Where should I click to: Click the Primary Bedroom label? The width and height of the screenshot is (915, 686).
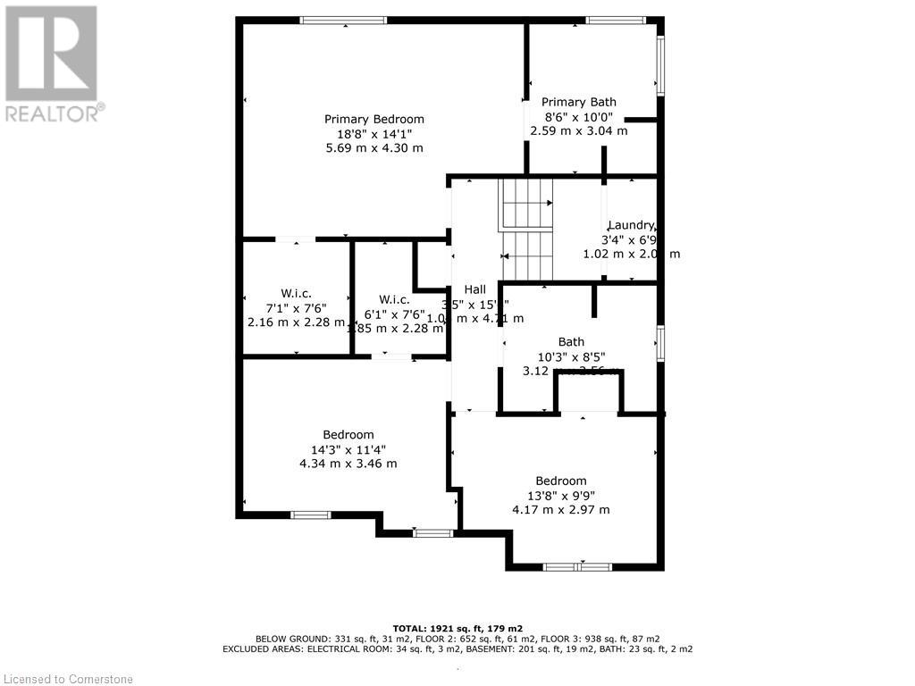point(374,119)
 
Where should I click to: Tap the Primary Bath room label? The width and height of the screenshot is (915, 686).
point(579,102)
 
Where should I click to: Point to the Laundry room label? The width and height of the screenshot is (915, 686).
point(632,225)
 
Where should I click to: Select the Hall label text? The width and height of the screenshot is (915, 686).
point(474,289)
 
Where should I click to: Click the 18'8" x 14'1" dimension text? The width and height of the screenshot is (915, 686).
point(374,133)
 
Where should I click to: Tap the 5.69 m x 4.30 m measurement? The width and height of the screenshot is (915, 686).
point(374,148)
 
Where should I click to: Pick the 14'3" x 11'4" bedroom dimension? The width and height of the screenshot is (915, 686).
point(348,449)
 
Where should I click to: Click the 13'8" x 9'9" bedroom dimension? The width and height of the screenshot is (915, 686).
point(561,495)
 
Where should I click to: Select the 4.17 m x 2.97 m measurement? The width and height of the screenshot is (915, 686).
point(561,510)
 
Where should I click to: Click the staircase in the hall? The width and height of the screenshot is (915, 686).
point(526,230)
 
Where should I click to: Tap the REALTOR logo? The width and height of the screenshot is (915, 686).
point(52,63)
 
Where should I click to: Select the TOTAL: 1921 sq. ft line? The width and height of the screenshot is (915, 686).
point(457,627)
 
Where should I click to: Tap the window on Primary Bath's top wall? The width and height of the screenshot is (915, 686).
point(615,21)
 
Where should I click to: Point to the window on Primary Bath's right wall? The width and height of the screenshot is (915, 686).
point(661,65)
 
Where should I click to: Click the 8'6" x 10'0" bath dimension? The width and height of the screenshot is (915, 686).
point(579,116)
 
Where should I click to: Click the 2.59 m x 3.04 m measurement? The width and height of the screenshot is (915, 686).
point(579,130)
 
